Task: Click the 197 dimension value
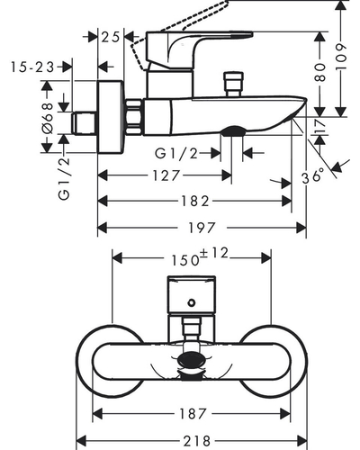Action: [202, 228]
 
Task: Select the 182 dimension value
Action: [194, 202]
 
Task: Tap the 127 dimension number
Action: [166, 175]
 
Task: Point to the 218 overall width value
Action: [197, 441]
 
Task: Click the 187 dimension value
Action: [193, 414]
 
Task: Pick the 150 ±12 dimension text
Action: [200, 256]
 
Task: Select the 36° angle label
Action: [313, 176]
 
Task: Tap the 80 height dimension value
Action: [320, 72]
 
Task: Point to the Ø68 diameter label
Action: [48, 118]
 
